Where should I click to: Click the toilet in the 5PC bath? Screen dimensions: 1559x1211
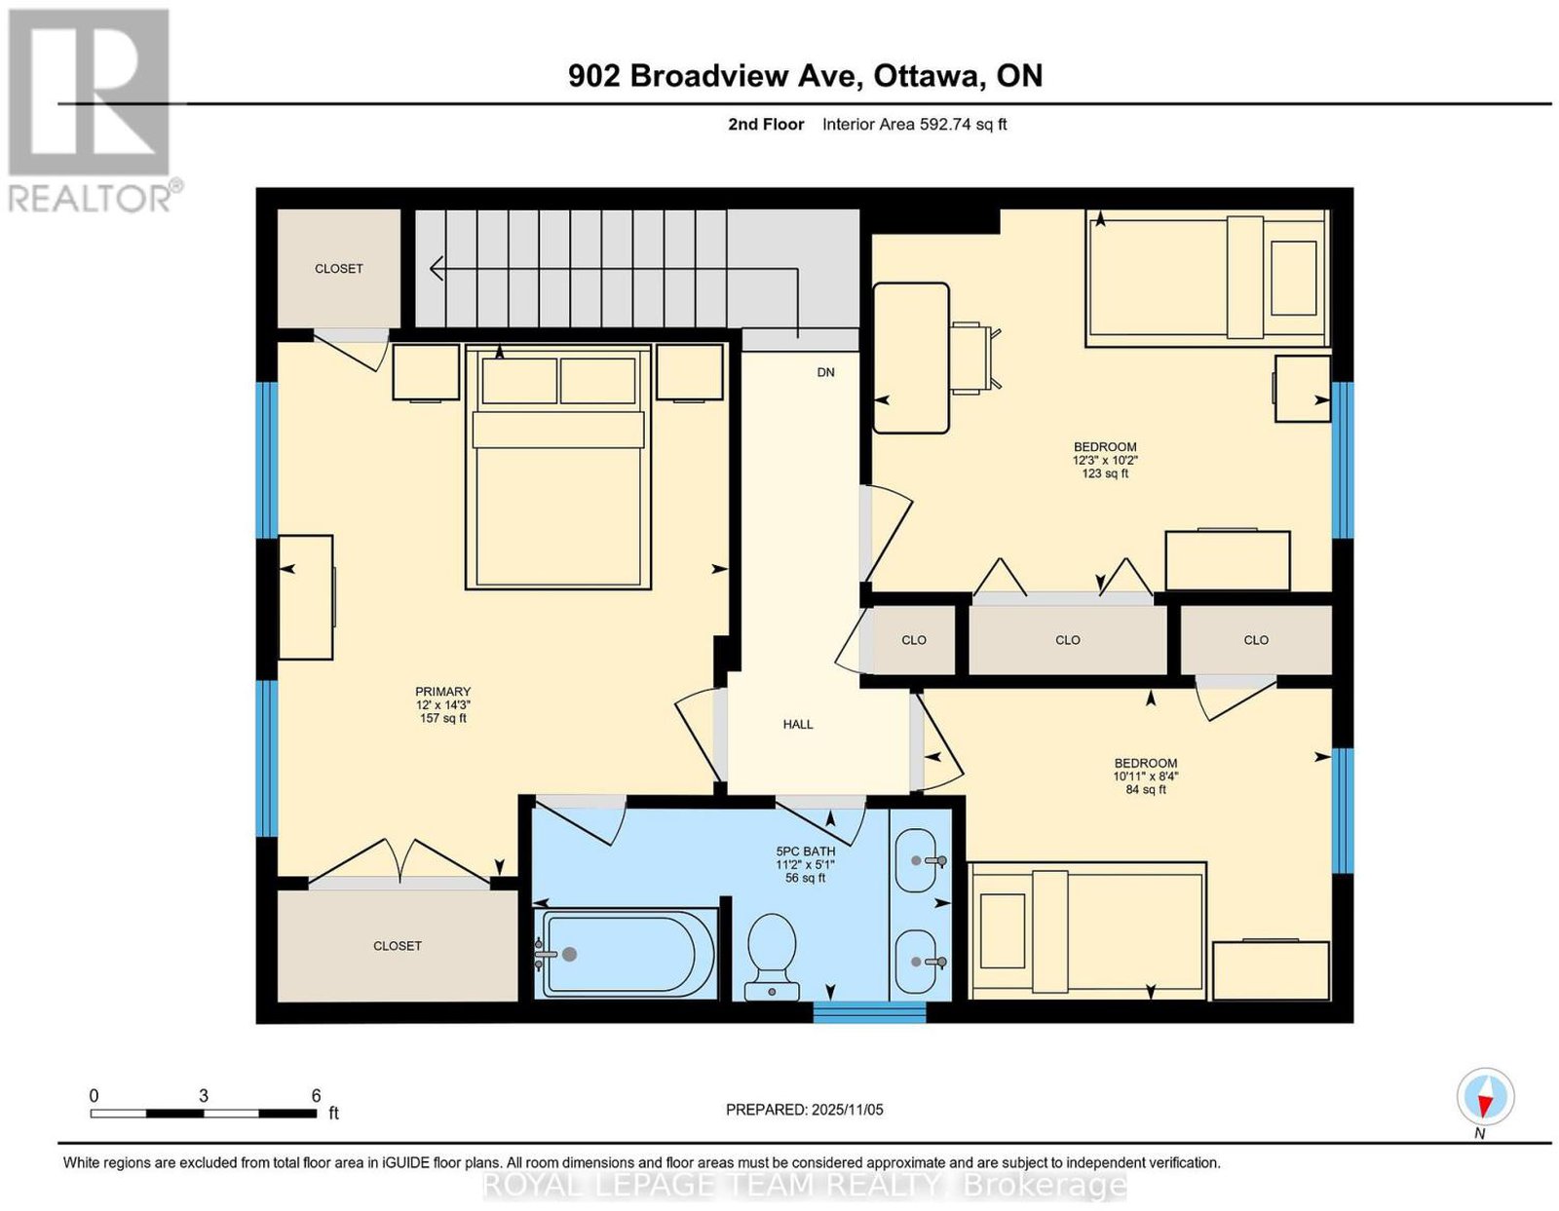(772, 957)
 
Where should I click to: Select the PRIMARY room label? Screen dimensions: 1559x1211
(442, 691)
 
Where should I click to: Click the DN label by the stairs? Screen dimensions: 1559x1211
(825, 372)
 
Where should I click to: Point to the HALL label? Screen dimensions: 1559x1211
(798, 724)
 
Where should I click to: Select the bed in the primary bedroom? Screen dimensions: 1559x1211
(558, 467)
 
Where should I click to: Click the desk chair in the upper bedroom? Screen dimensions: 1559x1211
(975, 358)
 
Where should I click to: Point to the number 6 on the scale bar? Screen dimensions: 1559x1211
(316, 1096)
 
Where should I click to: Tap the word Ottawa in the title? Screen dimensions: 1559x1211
(927, 75)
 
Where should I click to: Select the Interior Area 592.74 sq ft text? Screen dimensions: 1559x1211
(915, 124)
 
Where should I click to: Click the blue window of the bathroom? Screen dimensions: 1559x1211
(869, 1011)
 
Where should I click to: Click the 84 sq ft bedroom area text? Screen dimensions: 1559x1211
(1146, 789)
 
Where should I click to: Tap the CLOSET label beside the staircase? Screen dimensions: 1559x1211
(339, 268)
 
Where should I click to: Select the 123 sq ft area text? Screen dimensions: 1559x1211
(1105, 473)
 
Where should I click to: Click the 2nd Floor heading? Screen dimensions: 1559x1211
(766, 124)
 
